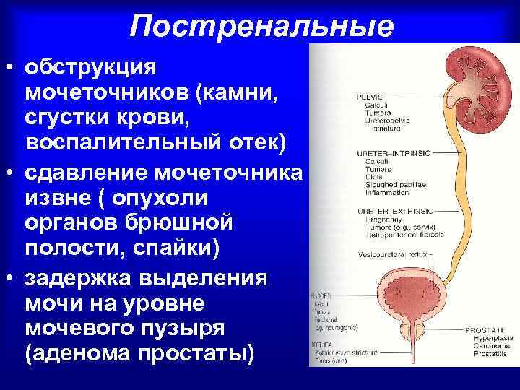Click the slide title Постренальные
262,26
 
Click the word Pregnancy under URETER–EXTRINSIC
382,217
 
